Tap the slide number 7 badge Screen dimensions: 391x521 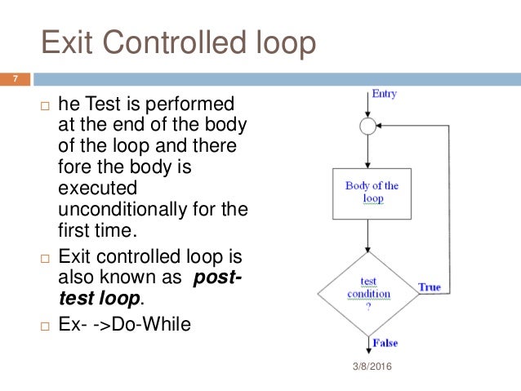[x=15, y=79]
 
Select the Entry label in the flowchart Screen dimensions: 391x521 [x=384, y=94]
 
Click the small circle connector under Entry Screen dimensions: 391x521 [x=368, y=127]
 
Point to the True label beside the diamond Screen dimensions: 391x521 [x=430, y=287]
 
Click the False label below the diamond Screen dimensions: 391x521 [x=386, y=342]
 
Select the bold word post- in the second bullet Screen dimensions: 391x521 [x=217, y=278]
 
